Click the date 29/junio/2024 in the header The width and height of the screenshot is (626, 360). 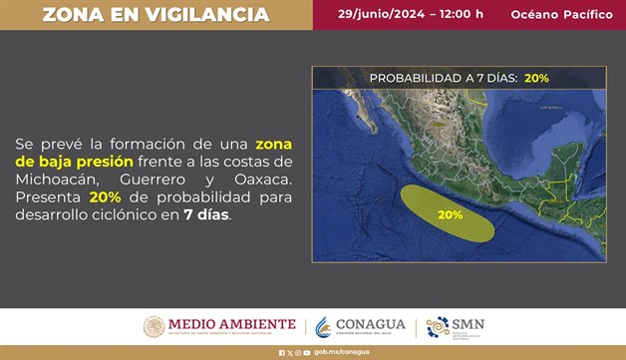382,14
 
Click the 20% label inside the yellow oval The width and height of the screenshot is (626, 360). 450,214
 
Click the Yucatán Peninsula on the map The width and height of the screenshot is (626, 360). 572,150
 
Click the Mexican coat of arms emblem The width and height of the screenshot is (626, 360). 154,326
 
